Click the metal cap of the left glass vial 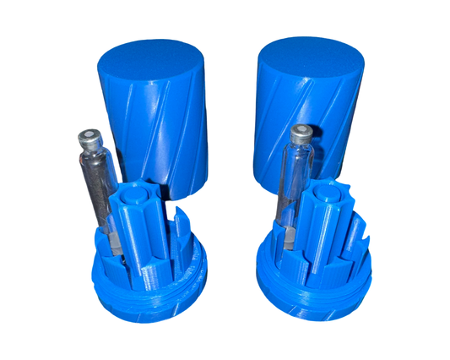(87, 137)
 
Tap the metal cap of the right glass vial (300, 134)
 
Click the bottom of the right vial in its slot (285, 239)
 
